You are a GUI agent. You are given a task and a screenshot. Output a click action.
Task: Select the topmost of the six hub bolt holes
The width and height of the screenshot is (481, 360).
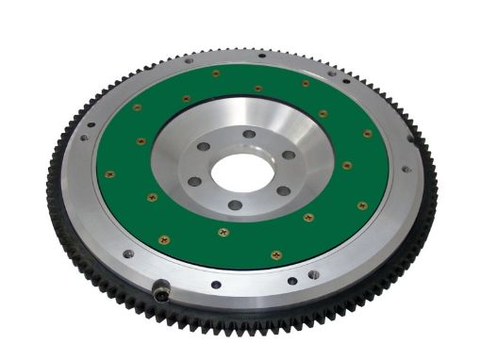pyautogui.click(x=249, y=133)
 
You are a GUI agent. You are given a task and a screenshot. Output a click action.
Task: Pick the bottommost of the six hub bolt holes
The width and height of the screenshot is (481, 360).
pyautogui.click(x=235, y=205)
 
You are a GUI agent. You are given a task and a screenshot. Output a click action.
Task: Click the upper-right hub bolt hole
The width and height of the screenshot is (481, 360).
pyautogui.click(x=289, y=155)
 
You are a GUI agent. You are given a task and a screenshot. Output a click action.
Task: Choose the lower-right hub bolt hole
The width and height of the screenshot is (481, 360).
pyautogui.click(x=282, y=190)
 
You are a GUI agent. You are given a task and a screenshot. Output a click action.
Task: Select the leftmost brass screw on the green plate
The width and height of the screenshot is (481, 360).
pyautogui.click(x=109, y=173)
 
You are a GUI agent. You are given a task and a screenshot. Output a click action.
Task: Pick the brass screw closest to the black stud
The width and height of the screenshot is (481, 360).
pyautogui.click(x=164, y=239)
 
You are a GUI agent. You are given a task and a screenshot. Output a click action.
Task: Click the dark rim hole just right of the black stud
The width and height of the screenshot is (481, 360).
pyautogui.click(x=216, y=284)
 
